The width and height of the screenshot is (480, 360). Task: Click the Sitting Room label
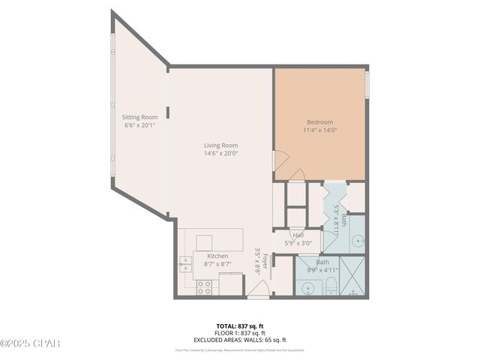[139, 117]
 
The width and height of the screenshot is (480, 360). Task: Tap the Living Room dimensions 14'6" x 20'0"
[220, 154]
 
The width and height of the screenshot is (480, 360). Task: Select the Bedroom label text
[319, 122]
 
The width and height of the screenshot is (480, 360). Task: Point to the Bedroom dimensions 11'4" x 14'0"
[319, 130]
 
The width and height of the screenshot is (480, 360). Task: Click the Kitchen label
[207, 256]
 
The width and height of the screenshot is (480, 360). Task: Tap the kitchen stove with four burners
[204, 285]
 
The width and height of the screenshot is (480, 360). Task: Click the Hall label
[298, 235]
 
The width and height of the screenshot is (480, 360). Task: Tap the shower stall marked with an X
[354, 278]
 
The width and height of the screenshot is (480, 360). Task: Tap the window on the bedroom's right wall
[367, 84]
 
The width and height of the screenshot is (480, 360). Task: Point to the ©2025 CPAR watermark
[30, 343]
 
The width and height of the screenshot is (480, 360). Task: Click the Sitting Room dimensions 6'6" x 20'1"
[139, 125]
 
